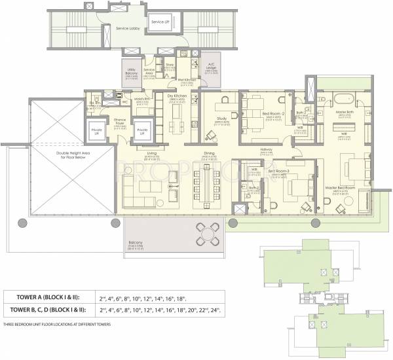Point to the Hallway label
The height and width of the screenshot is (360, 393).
266,149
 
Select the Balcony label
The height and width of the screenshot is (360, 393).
136,241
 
